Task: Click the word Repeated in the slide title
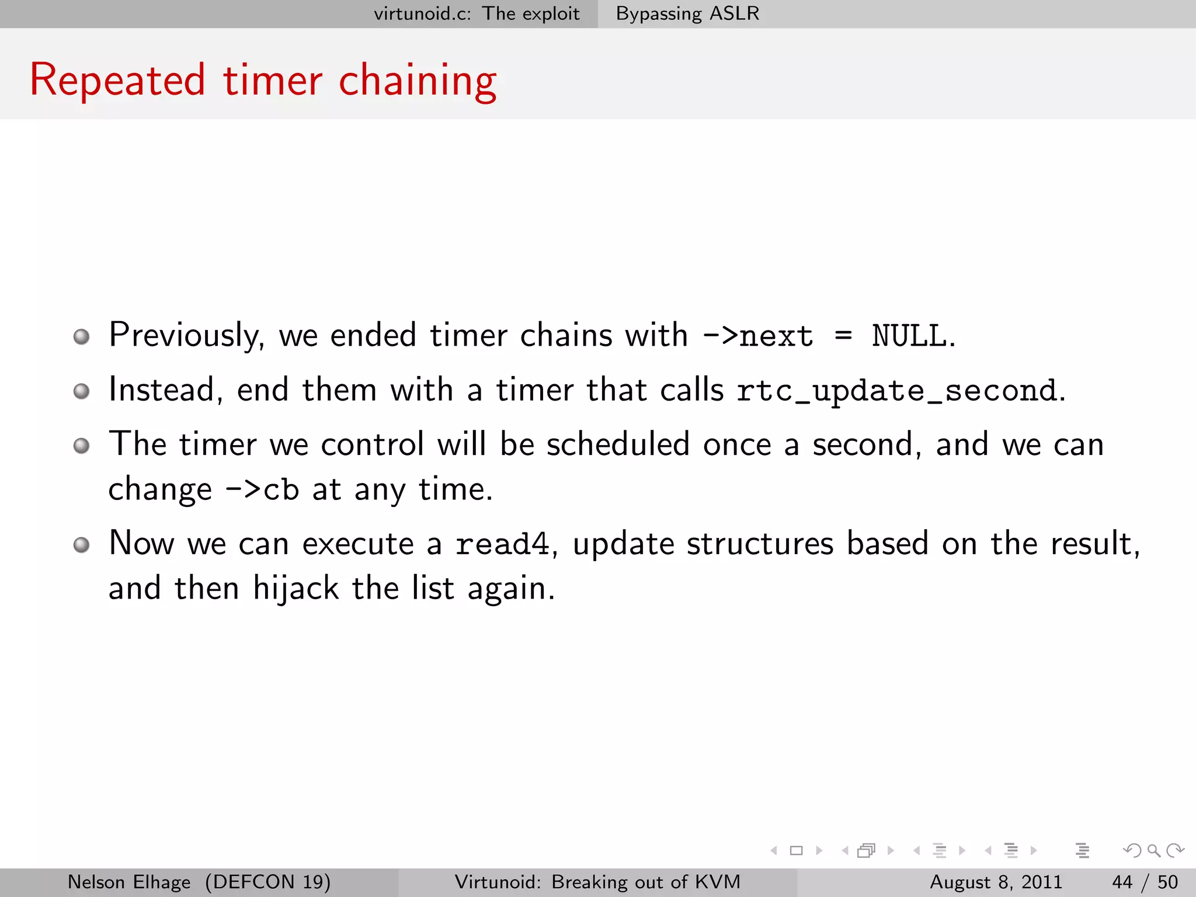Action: click(x=117, y=80)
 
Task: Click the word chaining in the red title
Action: click(x=418, y=82)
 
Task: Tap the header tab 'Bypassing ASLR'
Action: click(x=687, y=13)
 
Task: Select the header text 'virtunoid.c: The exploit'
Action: click(x=477, y=13)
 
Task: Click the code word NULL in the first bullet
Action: click(x=909, y=336)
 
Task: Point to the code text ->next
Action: click(x=758, y=336)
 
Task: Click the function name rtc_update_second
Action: click(x=897, y=391)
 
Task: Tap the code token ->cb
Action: click(x=262, y=489)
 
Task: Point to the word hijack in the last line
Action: click(x=295, y=588)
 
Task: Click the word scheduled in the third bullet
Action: click(x=618, y=444)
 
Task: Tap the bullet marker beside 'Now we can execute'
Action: click(x=82, y=545)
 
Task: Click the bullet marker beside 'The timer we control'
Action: click(x=82, y=446)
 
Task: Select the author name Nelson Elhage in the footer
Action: click(x=129, y=882)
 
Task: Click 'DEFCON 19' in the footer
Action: click(x=267, y=882)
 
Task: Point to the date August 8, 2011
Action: click(x=996, y=882)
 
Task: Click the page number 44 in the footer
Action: click(x=1122, y=882)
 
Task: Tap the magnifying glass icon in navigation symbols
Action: click(x=1153, y=851)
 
